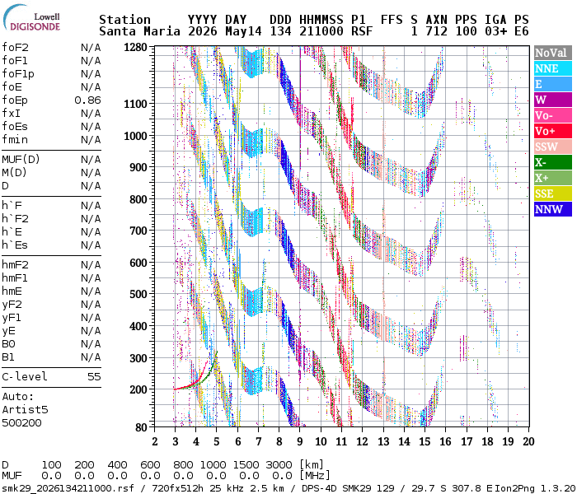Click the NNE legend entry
(553, 68)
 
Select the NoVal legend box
(553, 53)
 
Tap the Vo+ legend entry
(553, 131)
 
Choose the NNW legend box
(553, 209)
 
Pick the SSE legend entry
(553, 193)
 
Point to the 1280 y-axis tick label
(135, 48)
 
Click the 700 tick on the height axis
(138, 231)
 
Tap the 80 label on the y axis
(141, 427)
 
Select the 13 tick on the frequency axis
(383, 441)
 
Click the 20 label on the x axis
(529, 441)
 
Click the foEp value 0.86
(87, 100)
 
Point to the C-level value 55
(94, 377)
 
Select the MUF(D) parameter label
(21, 160)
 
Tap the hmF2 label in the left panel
(15, 264)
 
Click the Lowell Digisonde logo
(31, 18)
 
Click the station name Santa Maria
(140, 31)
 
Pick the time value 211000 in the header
(321, 31)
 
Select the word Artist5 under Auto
(25, 409)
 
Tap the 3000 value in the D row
(279, 465)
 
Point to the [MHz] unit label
(315, 476)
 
